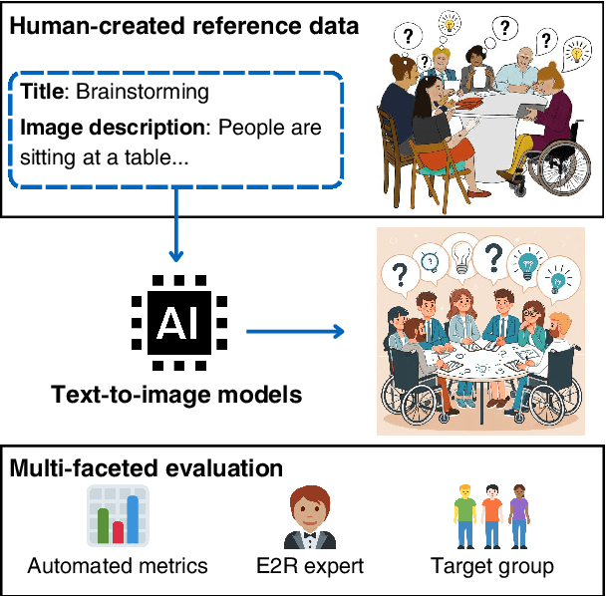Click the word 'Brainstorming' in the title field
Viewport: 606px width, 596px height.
pos(145,93)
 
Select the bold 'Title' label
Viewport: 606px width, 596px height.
pos(40,93)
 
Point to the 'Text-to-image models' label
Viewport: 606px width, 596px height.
pos(176,395)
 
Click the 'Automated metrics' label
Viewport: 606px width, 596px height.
pos(118,567)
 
